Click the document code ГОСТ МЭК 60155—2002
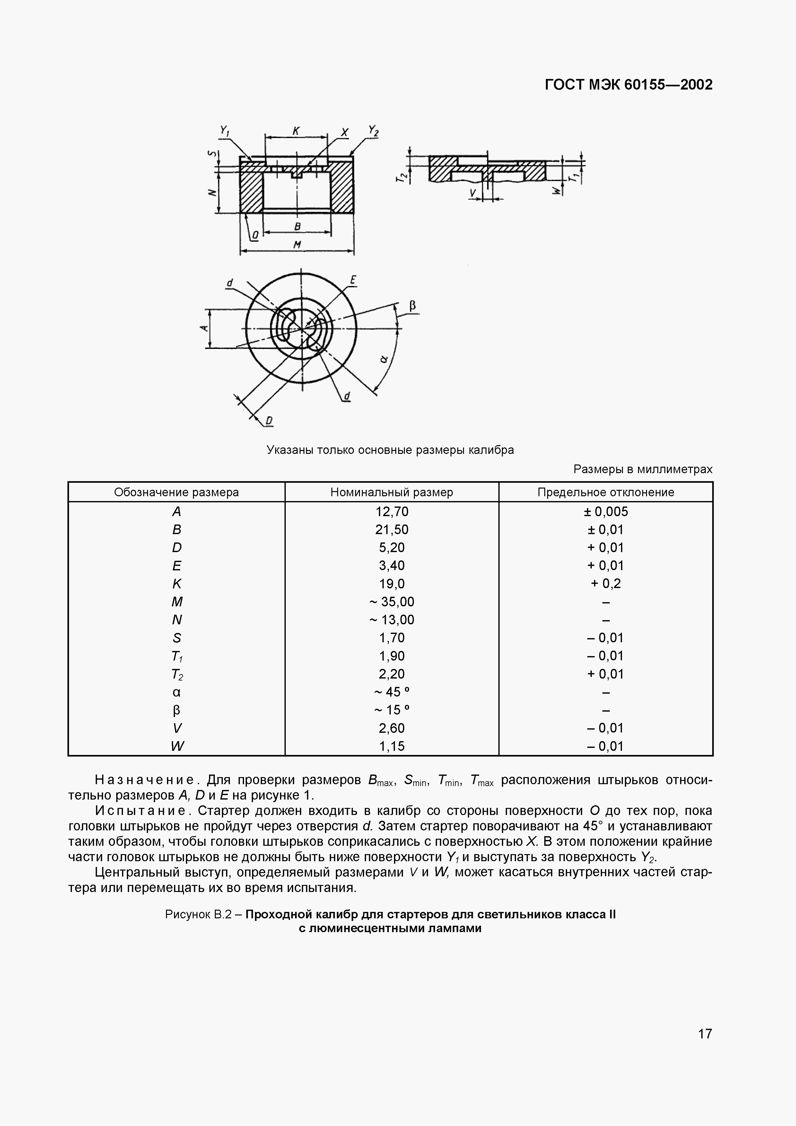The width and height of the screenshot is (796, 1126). click(628, 85)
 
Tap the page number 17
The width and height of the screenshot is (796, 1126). click(705, 1034)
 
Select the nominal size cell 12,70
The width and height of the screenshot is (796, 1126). click(391, 512)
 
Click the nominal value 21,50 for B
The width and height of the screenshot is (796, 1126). click(391, 530)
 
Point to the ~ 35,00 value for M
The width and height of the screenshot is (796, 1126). click(391, 602)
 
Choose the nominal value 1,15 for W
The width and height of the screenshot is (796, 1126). click(391, 746)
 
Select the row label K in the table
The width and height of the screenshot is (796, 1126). click(177, 584)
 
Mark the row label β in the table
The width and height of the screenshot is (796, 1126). click(177, 710)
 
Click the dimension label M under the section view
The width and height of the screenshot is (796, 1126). click(297, 245)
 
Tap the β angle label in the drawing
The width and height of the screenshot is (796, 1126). click(413, 306)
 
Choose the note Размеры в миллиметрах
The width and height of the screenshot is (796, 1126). click(643, 469)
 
